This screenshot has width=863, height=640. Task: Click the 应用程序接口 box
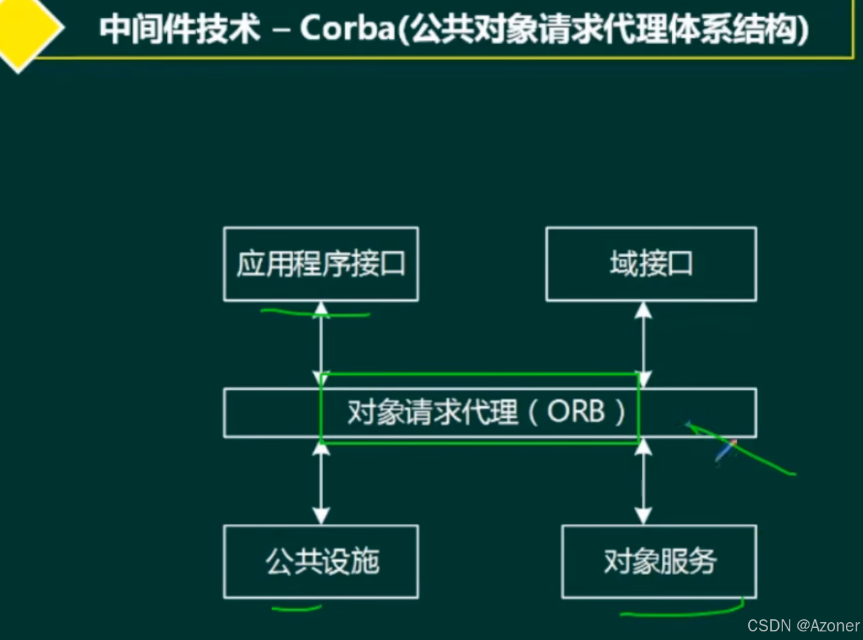pos(321,264)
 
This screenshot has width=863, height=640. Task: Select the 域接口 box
pos(650,264)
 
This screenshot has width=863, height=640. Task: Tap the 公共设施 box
pos(321,562)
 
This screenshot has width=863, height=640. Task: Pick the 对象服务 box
pos(659,562)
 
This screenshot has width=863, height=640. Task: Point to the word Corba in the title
pos(344,30)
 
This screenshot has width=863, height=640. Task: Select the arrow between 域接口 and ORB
pos(644,344)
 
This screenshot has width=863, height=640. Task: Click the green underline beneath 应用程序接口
pos(315,313)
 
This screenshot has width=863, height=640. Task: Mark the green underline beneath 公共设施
pos(297,609)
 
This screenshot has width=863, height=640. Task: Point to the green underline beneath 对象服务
pos(681,611)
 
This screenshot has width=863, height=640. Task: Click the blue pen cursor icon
pos(725,450)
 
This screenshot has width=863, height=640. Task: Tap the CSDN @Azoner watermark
pos(803,625)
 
